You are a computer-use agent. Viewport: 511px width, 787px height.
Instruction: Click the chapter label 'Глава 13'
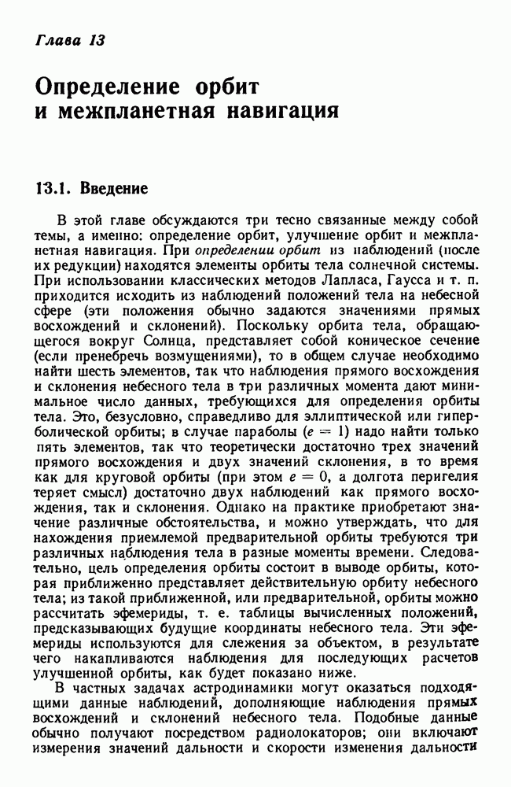click(x=70, y=40)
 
